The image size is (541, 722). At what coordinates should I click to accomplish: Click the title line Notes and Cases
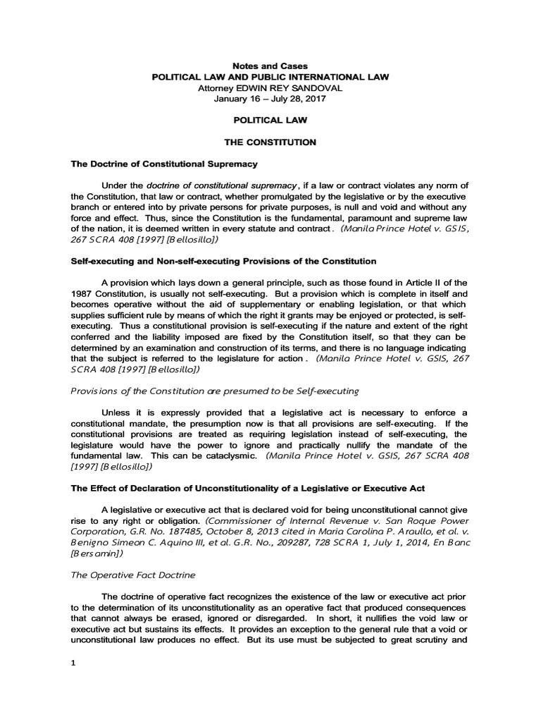point(270,66)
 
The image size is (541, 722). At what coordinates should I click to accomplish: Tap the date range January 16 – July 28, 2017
point(270,99)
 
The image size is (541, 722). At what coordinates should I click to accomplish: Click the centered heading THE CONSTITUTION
point(270,142)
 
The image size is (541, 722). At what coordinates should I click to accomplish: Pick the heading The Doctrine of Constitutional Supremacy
point(164,164)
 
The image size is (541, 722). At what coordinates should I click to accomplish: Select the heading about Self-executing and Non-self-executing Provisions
point(223,261)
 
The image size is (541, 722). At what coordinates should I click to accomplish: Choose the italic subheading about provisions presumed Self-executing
point(215,390)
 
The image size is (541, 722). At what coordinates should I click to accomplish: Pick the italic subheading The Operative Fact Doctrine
point(132,575)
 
